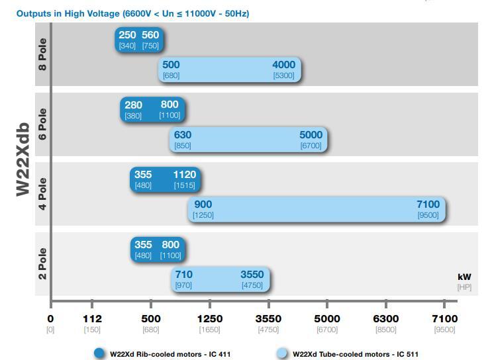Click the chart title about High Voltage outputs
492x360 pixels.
[132, 13]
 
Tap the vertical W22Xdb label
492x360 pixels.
[24, 159]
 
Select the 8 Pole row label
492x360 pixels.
[42, 54]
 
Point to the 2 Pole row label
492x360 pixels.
[42, 263]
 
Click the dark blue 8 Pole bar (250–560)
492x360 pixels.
[139, 40]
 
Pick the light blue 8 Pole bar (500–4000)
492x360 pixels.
[230, 69]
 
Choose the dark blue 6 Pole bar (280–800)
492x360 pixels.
[152, 109]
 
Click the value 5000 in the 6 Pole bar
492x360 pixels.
[311, 135]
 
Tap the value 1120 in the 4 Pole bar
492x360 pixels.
[185, 175]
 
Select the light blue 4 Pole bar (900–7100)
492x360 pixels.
[317, 209]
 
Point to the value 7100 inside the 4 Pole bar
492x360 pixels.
[428, 204]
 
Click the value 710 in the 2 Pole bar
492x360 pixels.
[183, 275]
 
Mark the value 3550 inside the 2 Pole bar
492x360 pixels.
[252, 275]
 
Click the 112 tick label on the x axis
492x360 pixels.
[91, 319]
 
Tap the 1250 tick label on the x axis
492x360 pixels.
[210, 319]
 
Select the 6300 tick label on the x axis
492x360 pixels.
[386, 319]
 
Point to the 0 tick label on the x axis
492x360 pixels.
[50, 319]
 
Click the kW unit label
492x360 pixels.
[464, 277]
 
